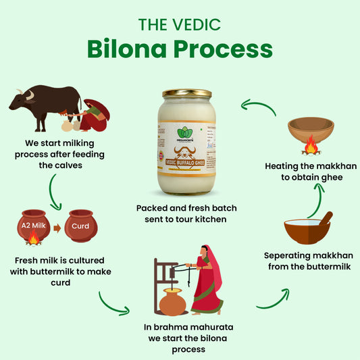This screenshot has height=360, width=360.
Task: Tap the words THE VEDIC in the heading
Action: (180, 25)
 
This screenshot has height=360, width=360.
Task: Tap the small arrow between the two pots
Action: (57, 228)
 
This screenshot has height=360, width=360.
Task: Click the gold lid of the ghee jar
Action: (187, 94)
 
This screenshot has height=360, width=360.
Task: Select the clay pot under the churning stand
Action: (173, 303)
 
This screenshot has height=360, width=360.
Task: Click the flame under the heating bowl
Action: (311, 145)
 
